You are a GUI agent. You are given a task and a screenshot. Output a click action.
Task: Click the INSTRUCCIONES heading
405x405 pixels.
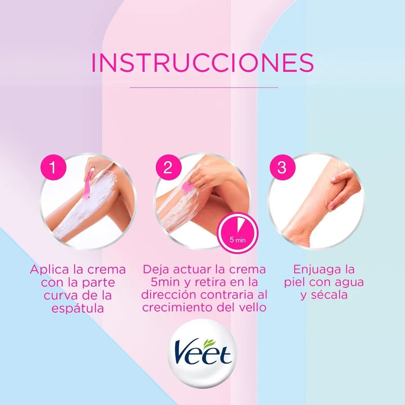202,63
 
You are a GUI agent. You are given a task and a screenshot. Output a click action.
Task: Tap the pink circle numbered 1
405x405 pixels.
54,167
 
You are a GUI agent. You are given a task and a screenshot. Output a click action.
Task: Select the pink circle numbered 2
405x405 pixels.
168,167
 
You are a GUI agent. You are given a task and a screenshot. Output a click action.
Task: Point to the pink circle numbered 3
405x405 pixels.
282,167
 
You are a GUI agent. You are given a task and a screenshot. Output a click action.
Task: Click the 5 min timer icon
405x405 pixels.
238,233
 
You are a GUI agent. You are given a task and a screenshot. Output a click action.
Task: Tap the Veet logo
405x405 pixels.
202,353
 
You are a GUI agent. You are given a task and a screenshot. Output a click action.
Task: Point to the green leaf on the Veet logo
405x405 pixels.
210,343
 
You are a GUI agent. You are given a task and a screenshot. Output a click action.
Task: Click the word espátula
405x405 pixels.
77,308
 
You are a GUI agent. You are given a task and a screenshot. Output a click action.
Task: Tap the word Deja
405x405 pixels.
156,270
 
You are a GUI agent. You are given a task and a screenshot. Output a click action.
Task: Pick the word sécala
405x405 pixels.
329,295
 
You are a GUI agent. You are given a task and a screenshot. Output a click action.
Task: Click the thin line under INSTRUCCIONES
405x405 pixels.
204,88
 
